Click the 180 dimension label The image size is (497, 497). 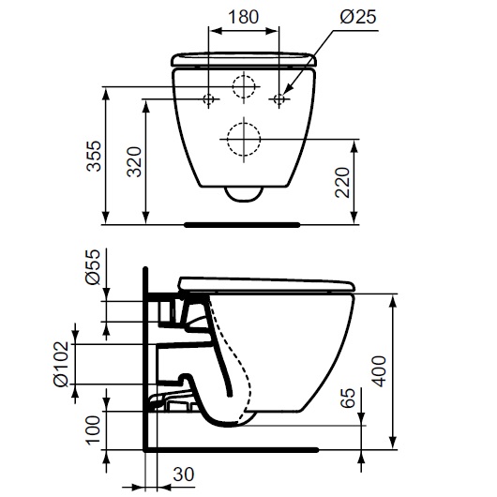point(243,16)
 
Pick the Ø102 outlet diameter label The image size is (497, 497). point(60,364)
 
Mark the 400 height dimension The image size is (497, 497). point(378,372)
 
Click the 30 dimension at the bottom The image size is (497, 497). point(184,474)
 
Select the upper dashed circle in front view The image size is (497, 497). point(244,84)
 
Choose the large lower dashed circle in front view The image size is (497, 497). point(244,140)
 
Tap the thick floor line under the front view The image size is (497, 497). point(242,225)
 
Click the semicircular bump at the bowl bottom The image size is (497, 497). point(244,193)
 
